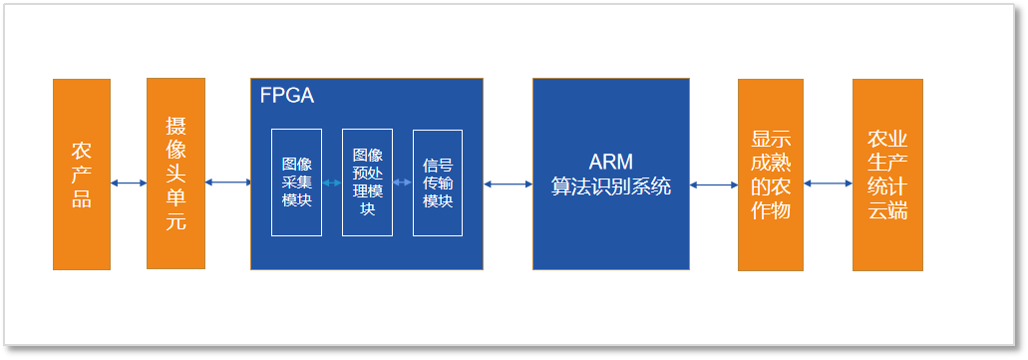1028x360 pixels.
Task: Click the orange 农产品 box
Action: (x=82, y=175)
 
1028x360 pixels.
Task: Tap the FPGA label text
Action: (x=286, y=96)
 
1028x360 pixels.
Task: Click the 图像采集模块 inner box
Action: (x=296, y=182)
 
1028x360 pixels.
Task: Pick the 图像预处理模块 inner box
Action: (x=367, y=182)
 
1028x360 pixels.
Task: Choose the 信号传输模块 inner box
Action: (x=438, y=182)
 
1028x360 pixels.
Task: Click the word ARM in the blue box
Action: (x=610, y=163)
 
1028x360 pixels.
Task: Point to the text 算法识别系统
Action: (x=610, y=186)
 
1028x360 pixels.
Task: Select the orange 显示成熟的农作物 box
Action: (x=770, y=175)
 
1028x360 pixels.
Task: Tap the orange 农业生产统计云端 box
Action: (x=887, y=175)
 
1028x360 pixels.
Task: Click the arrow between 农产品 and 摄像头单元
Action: (x=129, y=182)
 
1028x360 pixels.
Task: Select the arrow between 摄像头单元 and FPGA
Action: (x=227, y=181)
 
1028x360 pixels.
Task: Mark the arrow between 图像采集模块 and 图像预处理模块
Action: (x=332, y=182)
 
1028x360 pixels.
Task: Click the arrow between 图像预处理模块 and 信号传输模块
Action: (x=403, y=182)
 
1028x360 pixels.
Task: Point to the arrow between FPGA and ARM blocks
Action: (x=508, y=183)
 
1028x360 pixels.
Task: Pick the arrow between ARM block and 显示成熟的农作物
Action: (x=713, y=184)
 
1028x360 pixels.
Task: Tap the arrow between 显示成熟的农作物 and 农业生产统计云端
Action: (x=828, y=183)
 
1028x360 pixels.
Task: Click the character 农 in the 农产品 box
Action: (x=82, y=151)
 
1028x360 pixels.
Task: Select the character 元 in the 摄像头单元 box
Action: (x=175, y=221)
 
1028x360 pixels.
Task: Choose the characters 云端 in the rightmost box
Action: (x=887, y=210)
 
